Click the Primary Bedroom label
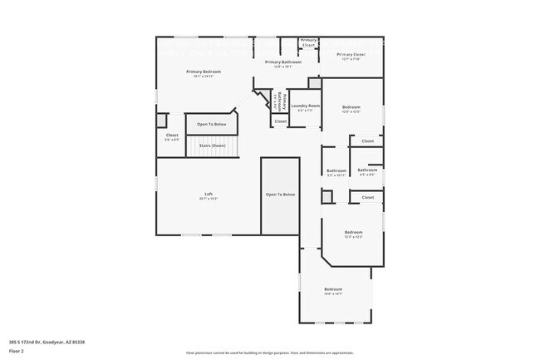pyautogui.click(x=204, y=72)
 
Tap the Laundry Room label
pyautogui.click(x=305, y=106)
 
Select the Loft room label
pyautogui.click(x=209, y=194)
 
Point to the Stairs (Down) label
pyautogui.click(x=213, y=145)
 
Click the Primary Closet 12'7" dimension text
pyautogui.click(x=351, y=59)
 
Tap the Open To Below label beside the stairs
pyautogui.click(x=211, y=125)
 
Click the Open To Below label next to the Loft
pyautogui.click(x=280, y=195)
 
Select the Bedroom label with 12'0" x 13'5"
pyautogui.click(x=352, y=107)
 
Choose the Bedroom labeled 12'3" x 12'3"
pyautogui.click(x=353, y=232)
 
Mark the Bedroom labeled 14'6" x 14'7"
pyautogui.click(x=333, y=289)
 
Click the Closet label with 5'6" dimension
pyautogui.click(x=172, y=135)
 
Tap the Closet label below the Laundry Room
pyautogui.click(x=281, y=121)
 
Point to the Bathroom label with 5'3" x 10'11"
pyautogui.click(x=336, y=170)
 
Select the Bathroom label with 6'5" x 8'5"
pyautogui.click(x=367, y=170)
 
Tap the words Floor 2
pyautogui.click(x=16, y=350)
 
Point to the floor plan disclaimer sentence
pyautogui.click(x=269, y=353)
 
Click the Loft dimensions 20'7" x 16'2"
pyautogui.click(x=209, y=199)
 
